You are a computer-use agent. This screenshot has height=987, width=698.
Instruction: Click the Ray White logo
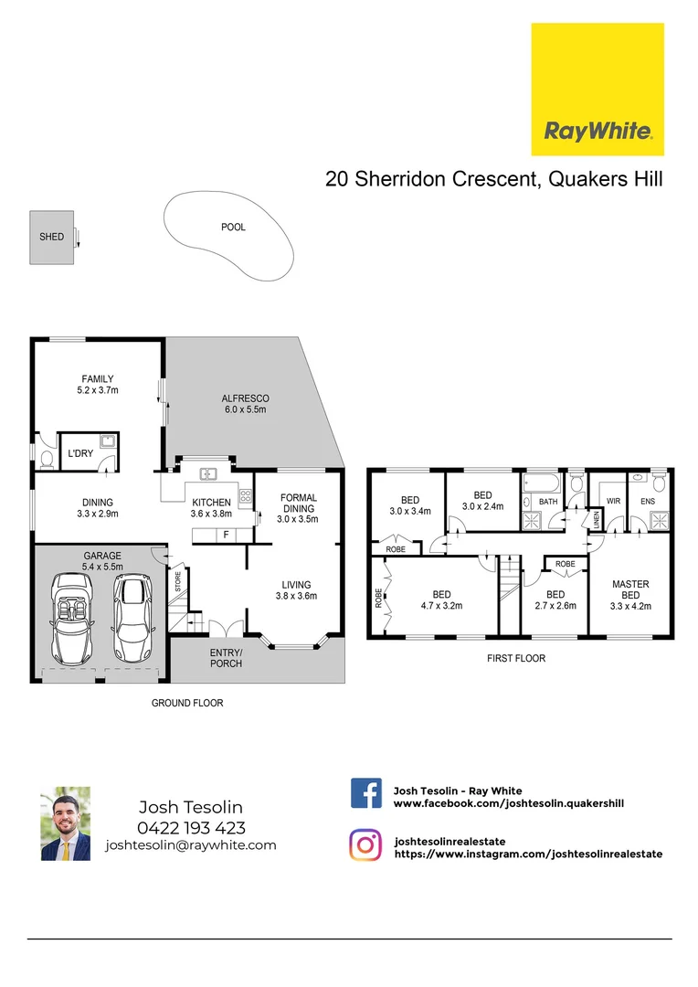tap(598, 90)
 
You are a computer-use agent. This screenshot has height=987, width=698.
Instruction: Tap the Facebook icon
tap(365, 792)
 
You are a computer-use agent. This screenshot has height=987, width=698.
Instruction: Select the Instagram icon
tap(365, 844)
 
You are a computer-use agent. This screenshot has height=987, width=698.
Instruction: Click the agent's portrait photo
tap(65, 823)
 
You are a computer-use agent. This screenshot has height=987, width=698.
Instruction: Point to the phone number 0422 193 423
tap(190, 828)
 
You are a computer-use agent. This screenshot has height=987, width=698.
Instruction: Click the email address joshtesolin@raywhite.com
tap(190, 845)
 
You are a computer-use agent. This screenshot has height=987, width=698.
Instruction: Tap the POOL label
tap(233, 228)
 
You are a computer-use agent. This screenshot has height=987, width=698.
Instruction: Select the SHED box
tap(51, 238)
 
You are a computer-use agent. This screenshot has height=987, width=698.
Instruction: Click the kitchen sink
tap(207, 472)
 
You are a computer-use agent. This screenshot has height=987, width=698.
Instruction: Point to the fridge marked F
tap(225, 534)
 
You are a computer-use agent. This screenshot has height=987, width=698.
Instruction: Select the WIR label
tap(613, 502)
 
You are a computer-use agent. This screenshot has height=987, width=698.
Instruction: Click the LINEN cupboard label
tap(597, 520)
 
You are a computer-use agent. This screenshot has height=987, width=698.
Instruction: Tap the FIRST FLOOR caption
tap(517, 658)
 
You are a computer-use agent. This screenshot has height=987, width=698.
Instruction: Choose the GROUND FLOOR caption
tap(186, 703)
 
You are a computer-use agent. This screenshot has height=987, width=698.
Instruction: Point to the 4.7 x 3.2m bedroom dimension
tap(441, 605)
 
